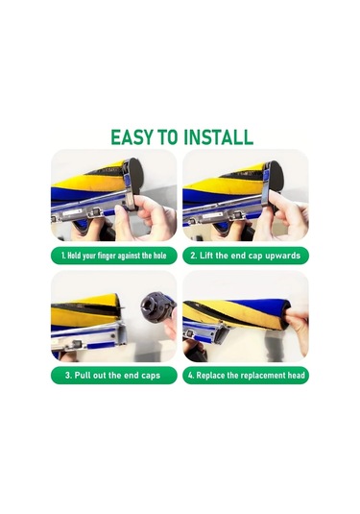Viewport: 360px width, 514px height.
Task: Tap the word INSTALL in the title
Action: click(218, 137)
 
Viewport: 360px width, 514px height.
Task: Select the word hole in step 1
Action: click(158, 256)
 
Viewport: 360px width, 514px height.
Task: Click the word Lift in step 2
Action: click(206, 256)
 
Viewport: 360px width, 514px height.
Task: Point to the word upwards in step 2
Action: click(282, 256)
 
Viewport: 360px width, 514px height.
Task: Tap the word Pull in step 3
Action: click(82, 375)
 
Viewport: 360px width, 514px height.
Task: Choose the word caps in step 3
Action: click(151, 376)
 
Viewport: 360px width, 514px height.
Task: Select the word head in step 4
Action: click(296, 375)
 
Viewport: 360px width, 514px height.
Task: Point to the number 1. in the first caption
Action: click(63, 256)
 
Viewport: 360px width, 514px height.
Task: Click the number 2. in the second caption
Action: click(194, 256)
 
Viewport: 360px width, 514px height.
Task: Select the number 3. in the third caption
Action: click(68, 375)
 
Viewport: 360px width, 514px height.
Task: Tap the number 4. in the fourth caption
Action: click(191, 375)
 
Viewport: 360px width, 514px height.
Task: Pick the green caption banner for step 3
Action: click(113, 376)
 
